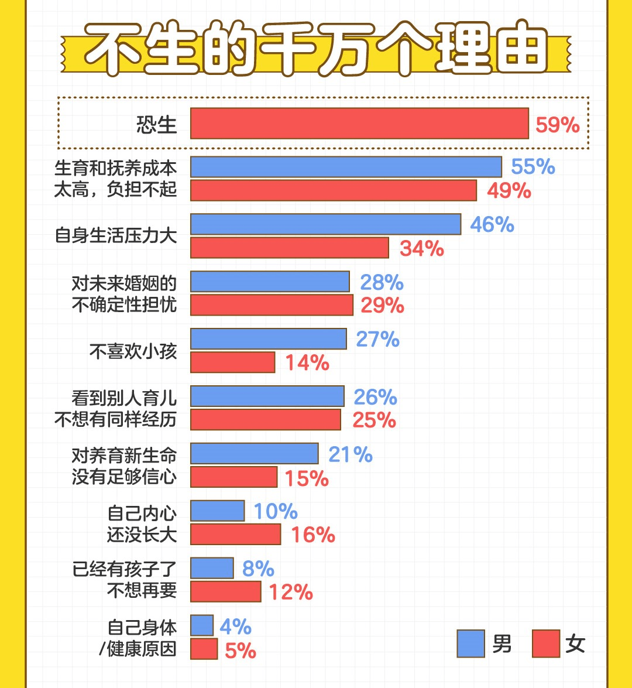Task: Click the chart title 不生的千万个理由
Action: pos(316,49)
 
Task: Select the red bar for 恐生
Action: pos(359,124)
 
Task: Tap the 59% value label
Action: pos(558,125)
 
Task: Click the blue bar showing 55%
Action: pos(346,167)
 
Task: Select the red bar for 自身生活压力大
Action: pos(290,248)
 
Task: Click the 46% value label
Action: pos(492,224)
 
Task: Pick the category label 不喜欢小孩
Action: pos(133,351)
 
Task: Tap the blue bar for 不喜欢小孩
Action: pos(269,339)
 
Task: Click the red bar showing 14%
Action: pos(232,362)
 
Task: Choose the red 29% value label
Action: pos(382,305)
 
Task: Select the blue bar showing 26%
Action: pos(267,396)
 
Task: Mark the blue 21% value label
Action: pos(351,454)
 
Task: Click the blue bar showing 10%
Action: pos(217,511)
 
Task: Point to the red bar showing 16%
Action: pos(235,535)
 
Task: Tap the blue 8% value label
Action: pos(257,569)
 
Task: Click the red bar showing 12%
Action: pos(225,591)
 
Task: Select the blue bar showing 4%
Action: pos(202,625)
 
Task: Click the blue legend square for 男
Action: pos(470,644)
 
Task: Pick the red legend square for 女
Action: pos(545,644)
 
